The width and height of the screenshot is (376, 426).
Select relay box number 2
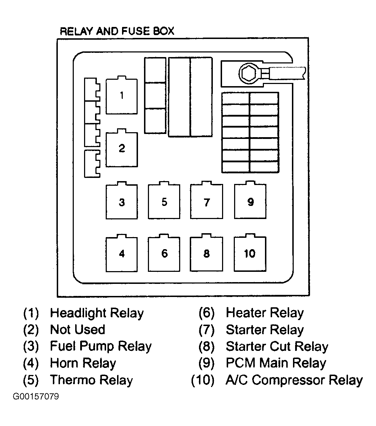[122, 148]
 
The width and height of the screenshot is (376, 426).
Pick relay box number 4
[122, 253]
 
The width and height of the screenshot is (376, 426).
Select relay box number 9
[250, 200]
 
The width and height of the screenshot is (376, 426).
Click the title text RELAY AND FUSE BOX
[117, 31]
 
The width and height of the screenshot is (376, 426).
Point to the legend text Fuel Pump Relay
[101, 346]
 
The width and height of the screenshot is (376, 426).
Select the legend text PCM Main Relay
[276, 363]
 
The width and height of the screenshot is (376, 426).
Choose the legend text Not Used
[77, 330]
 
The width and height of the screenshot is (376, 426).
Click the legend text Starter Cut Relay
[277, 346]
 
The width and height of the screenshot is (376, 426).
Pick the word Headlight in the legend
[78, 313]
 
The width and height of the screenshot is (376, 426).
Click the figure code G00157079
[36, 397]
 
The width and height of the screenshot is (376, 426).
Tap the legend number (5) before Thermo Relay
[31, 380]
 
